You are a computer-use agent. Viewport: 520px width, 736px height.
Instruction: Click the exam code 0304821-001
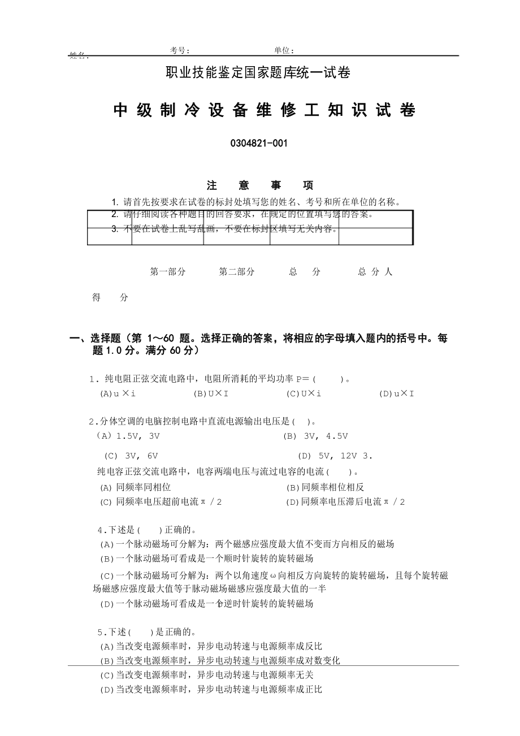pyautogui.click(x=259, y=144)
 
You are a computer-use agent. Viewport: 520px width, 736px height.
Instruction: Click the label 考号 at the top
pyautogui.click(x=180, y=51)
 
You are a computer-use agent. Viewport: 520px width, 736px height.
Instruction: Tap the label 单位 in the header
pyautogui.click(x=284, y=51)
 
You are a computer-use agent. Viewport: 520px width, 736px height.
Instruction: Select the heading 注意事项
pyautogui.click(x=260, y=185)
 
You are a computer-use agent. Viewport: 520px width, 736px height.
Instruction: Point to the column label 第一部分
pyautogui.click(x=168, y=272)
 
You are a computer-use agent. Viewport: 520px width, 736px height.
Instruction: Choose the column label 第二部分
pyautogui.click(x=237, y=272)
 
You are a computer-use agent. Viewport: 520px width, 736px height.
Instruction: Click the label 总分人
pyautogui.click(x=375, y=272)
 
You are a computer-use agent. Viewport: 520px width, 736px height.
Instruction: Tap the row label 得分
pyautogui.click(x=110, y=298)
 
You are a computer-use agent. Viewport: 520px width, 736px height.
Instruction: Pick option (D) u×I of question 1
pyautogui.click(x=396, y=394)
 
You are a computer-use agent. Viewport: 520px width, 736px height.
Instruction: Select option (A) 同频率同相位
pyautogui.click(x=136, y=487)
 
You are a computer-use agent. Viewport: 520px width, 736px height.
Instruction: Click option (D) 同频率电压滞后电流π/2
pyautogui.click(x=345, y=502)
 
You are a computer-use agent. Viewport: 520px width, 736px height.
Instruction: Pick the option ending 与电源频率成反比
pyautogui.click(x=211, y=646)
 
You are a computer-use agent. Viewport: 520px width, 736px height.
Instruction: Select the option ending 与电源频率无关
pyautogui.click(x=206, y=675)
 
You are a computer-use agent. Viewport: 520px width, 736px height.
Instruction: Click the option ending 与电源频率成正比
pyautogui.click(x=211, y=690)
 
